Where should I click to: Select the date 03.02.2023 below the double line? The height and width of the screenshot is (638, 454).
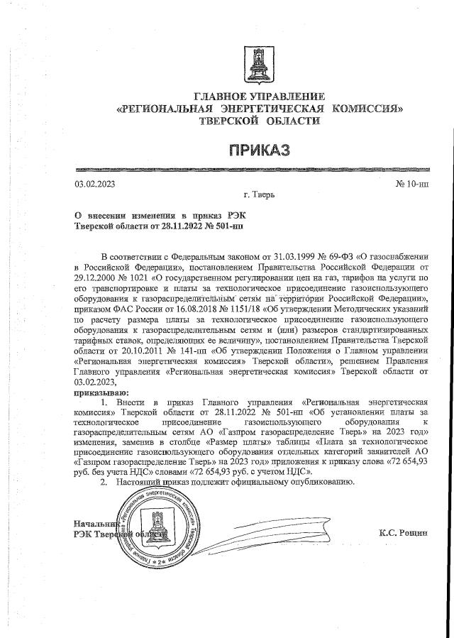[x=95, y=185]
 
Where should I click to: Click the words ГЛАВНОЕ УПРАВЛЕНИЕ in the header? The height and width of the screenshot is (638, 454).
[x=259, y=97]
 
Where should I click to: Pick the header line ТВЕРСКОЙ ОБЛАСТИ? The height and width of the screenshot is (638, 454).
[x=259, y=121]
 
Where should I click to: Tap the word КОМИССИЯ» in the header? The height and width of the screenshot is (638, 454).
[x=364, y=109]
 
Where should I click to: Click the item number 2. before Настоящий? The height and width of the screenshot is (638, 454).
[x=104, y=482]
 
